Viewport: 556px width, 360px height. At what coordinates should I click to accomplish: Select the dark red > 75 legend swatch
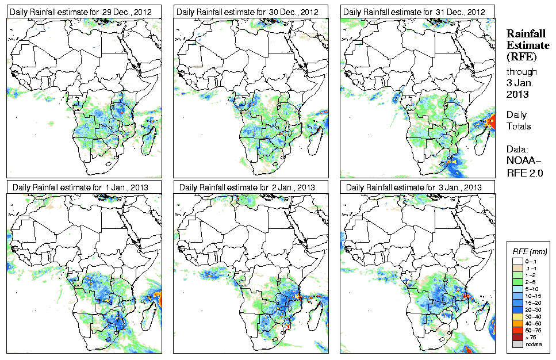click(x=517, y=336)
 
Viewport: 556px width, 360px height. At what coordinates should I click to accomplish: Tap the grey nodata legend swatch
click(x=517, y=344)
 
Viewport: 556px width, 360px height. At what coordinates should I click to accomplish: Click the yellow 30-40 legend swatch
click(x=517, y=316)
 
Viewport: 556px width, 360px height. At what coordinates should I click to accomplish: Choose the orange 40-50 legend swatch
click(x=517, y=323)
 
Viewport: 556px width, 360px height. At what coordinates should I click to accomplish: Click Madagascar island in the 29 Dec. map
click(x=152, y=134)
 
